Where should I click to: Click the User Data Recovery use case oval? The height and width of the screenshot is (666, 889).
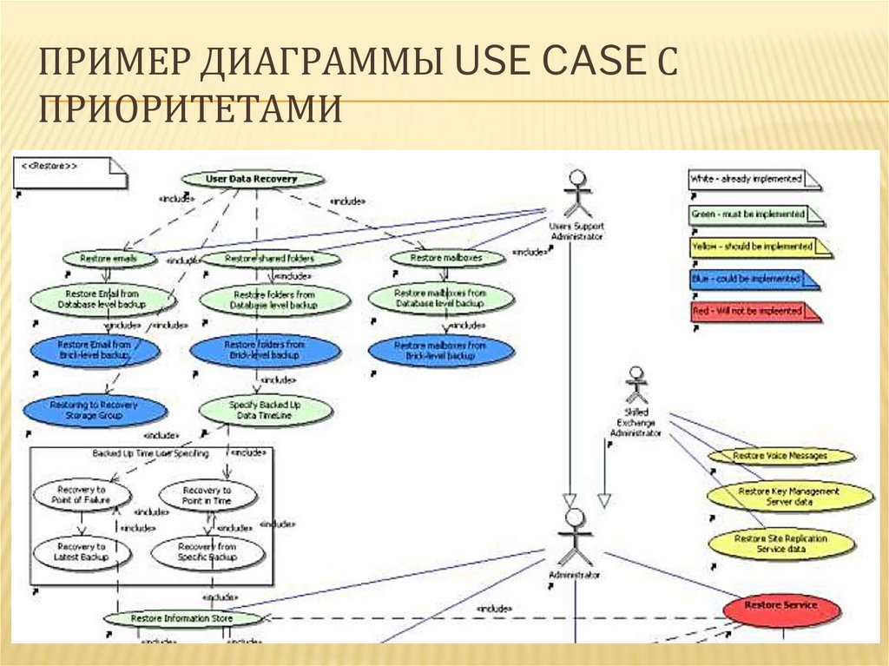252,179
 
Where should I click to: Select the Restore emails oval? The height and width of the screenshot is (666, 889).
109,259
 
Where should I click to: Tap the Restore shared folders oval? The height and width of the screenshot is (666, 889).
270,259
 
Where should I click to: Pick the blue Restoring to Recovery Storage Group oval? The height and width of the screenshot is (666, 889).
93,410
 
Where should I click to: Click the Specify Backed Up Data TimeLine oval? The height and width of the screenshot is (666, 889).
265,410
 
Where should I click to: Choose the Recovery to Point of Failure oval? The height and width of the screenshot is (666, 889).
82,496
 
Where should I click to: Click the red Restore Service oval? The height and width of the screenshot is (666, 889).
781,606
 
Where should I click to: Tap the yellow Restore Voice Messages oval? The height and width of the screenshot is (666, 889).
780,456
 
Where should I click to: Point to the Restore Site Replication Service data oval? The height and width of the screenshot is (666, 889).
780,544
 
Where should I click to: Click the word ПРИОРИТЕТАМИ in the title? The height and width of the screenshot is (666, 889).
192,110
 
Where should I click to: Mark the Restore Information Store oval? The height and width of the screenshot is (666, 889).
182,618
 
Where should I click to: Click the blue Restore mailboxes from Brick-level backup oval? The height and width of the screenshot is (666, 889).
441,351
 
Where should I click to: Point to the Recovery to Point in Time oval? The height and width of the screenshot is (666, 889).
207,496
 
